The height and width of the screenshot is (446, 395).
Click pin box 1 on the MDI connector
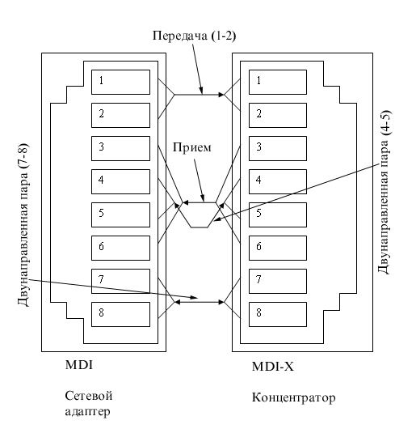pos(120,83)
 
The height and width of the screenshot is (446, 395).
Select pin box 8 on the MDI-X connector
pos(278,314)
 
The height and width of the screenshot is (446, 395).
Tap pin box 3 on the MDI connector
pos(120,148)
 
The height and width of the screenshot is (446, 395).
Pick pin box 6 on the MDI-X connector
pos(278,248)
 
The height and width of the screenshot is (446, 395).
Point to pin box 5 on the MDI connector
pos(120,215)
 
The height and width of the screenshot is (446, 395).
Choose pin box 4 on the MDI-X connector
pos(278,182)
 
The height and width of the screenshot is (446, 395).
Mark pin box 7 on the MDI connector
pos(120,281)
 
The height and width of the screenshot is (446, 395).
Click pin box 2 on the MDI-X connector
pos(278,115)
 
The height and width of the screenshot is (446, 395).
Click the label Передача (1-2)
pos(195,36)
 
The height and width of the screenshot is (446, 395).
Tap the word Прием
pos(192,147)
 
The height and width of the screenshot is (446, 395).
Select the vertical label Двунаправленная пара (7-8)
pos(23,224)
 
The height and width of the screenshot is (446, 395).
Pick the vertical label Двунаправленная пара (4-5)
pos(384,192)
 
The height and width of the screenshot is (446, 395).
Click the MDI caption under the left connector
pos(79,364)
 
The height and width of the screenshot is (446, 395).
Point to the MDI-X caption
pos(273,367)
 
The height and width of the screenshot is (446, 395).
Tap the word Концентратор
pos(294,397)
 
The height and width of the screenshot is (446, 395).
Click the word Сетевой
pos(89,396)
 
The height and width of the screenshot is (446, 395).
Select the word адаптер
pos(88,411)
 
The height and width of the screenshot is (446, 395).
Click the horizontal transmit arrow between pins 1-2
pos(200,95)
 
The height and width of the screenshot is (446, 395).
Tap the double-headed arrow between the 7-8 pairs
pos(200,302)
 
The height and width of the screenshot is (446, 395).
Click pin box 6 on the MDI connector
pos(120,248)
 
